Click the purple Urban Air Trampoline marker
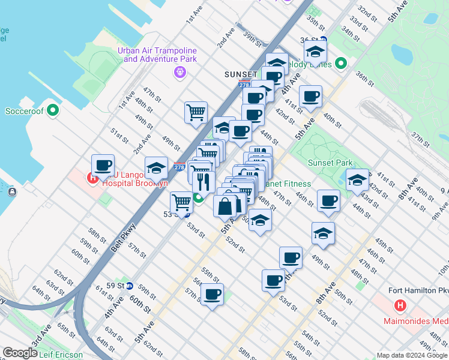point(179,73)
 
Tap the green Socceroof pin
point(53,110)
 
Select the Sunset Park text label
point(330,163)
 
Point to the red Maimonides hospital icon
point(399,306)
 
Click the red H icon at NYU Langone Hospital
point(92,178)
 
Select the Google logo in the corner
point(20,353)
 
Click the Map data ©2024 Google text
point(412,355)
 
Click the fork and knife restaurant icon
point(203,181)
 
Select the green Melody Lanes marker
point(341,63)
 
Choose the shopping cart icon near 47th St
point(196,112)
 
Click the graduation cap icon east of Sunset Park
point(357,179)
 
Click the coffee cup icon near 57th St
point(212,295)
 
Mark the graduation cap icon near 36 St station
point(315,51)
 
